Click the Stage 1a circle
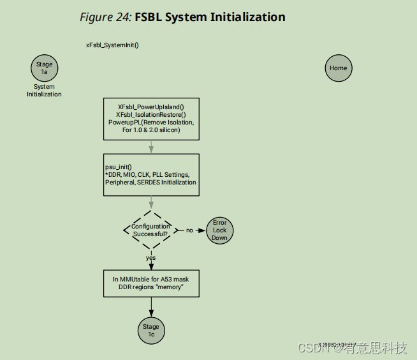click(44, 68)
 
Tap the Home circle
click(338, 68)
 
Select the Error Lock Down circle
click(219, 230)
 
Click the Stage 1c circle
click(151, 329)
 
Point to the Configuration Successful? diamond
click(151, 230)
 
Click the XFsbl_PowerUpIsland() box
click(151, 119)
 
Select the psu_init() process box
click(151, 174)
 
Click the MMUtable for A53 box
click(151, 283)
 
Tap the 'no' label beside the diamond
click(189, 230)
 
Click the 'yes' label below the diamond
click(150, 258)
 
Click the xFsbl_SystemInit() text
click(112, 45)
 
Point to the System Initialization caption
click(44, 91)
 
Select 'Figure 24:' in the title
click(105, 17)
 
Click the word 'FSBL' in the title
click(149, 17)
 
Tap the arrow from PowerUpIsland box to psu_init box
click(151, 147)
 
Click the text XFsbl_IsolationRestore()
click(151, 114)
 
